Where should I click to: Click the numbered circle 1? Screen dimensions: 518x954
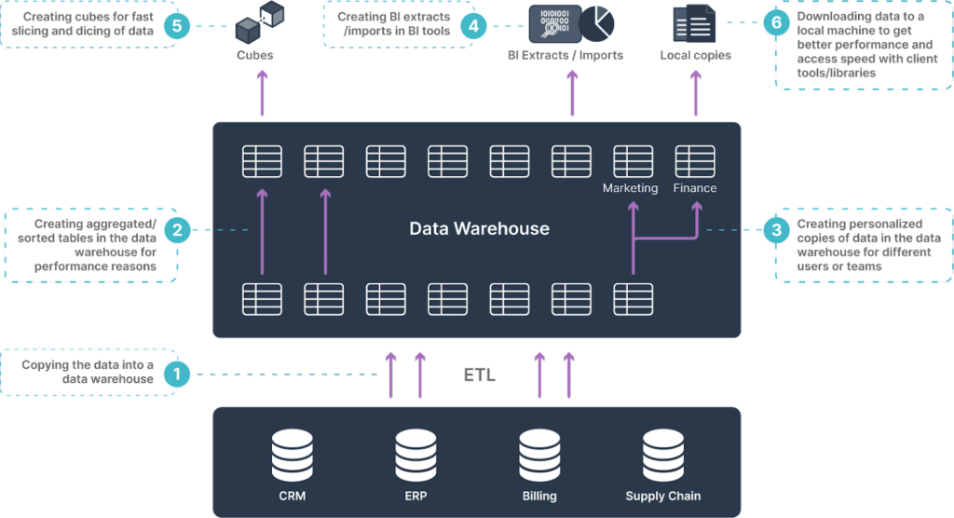(176, 375)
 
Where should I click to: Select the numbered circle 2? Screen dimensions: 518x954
(176, 230)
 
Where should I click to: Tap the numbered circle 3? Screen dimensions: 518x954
(775, 230)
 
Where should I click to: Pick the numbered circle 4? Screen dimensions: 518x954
(473, 25)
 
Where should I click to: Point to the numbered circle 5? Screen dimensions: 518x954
(176, 25)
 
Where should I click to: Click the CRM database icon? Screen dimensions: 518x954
(293, 455)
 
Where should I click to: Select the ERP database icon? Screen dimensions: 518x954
(416, 455)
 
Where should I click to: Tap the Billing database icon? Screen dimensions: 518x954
(539, 455)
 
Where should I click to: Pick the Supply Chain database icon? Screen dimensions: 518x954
(662, 455)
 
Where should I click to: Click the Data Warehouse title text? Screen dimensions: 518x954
(479, 228)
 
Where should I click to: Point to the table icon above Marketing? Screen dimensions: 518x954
(633, 161)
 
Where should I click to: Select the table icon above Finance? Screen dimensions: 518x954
(694, 161)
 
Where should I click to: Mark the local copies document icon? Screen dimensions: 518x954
(693, 24)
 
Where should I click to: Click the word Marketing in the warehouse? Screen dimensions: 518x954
(630, 188)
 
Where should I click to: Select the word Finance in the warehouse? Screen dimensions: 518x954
(695, 188)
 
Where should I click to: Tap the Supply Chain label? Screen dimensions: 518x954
(662, 496)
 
